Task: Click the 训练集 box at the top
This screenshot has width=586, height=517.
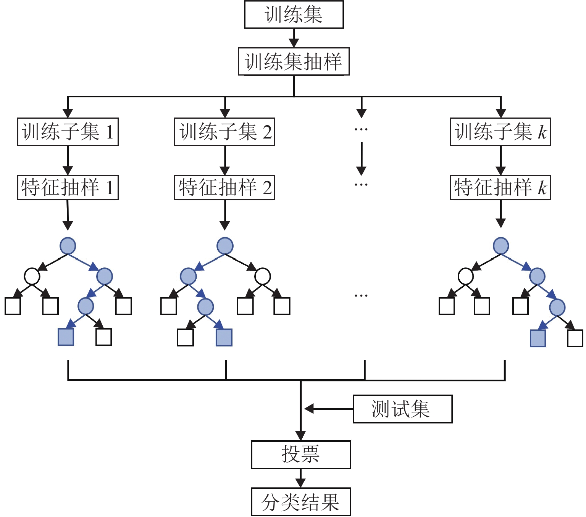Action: (x=294, y=15)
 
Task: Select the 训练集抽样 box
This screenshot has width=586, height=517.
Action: (x=294, y=61)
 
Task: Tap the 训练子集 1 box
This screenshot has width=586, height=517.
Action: (x=68, y=132)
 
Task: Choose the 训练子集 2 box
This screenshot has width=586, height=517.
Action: (x=224, y=132)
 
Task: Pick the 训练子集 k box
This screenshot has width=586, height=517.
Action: (x=500, y=132)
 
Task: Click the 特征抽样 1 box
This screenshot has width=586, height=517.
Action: (x=68, y=187)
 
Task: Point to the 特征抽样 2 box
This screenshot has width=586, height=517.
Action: (x=224, y=187)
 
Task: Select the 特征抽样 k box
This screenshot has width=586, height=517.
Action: (x=500, y=187)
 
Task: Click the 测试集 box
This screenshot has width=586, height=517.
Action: (x=402, y=409)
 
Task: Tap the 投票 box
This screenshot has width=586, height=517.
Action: (x=300, y=454)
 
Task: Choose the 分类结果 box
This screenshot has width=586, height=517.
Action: (x=300, y=502)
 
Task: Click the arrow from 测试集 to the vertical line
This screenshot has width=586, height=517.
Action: (x=328, y=409)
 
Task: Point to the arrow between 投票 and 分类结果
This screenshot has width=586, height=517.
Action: (x=301, y=478)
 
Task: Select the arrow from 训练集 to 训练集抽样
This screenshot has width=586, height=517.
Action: (x=294, y=38)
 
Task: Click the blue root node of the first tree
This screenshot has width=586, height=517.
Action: (x=68, y=246)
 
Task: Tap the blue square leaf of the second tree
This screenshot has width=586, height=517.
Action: (x=224, y=338)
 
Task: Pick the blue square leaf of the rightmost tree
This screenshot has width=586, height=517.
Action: (x=538, y=338)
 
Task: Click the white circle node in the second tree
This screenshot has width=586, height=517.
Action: (x=263, y=276)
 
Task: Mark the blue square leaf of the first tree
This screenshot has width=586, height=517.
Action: (x=66, y=337)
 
